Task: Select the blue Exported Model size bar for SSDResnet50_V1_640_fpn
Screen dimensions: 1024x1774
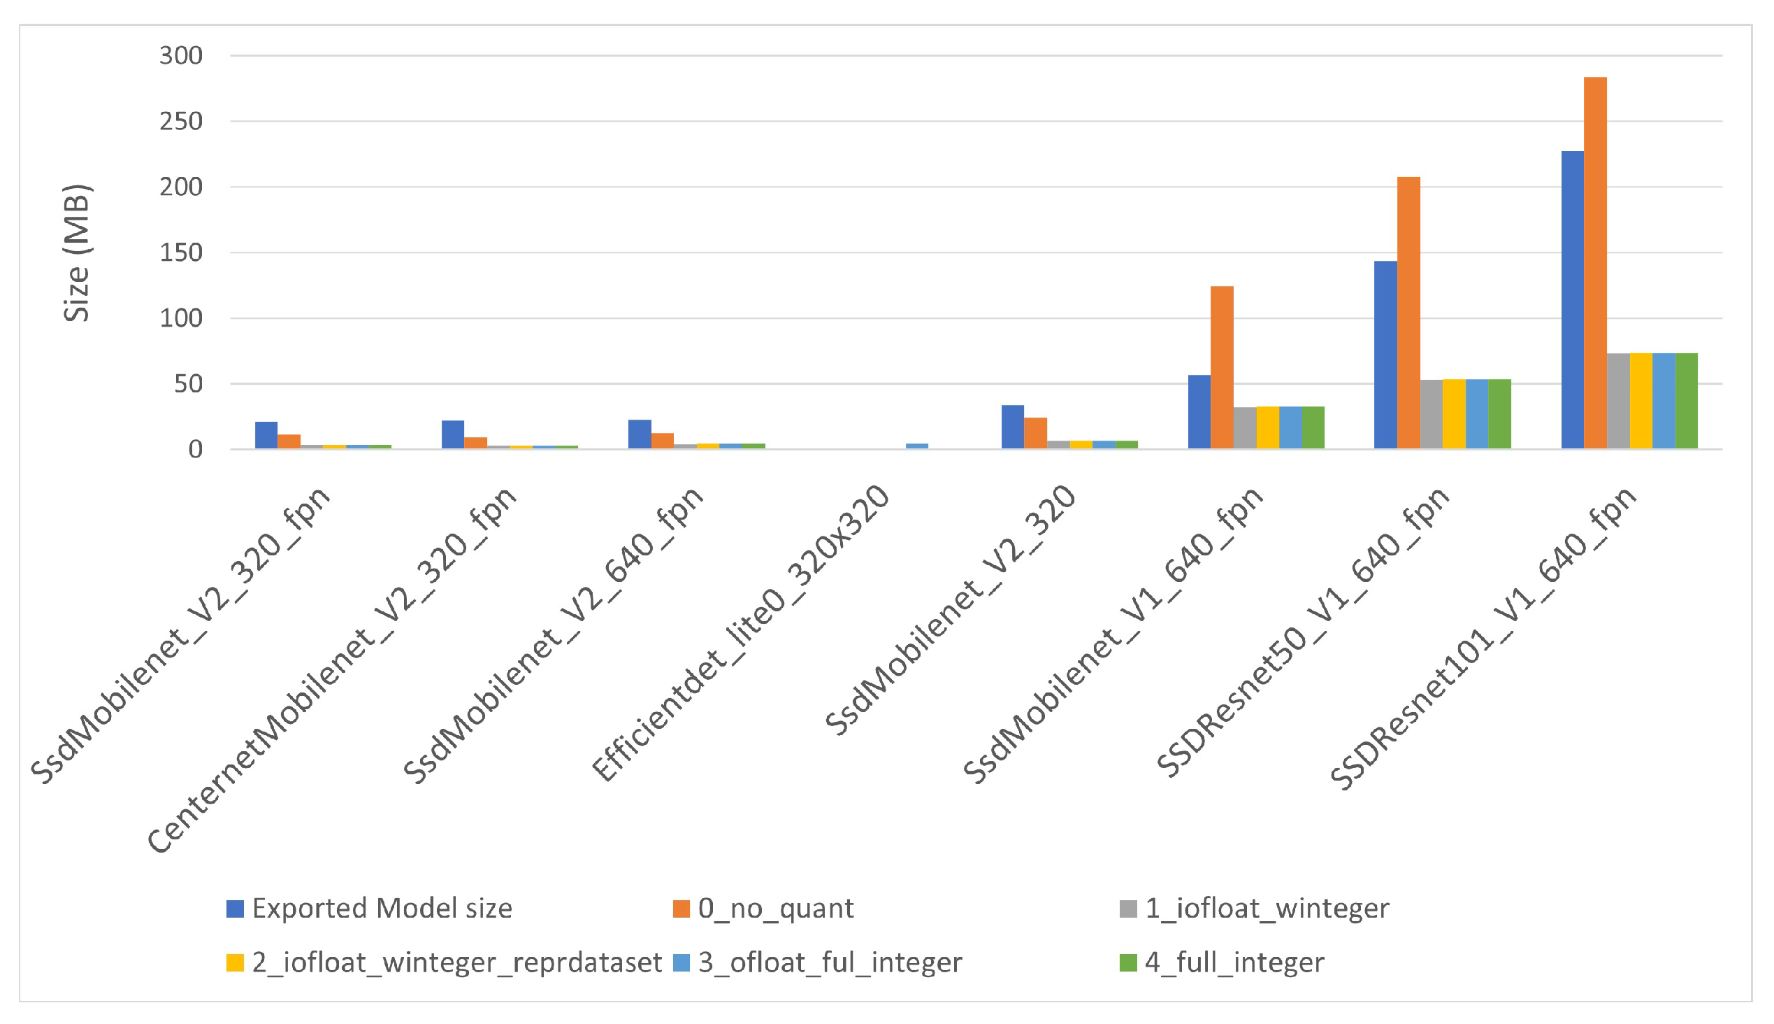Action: [x=1385, y=355]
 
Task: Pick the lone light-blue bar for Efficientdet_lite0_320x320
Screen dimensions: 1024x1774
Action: [x=916, y=446]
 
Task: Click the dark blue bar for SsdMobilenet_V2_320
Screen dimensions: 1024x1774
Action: [x=1012, y=427]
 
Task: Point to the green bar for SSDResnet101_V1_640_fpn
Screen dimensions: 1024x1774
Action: [x=1686, y=400]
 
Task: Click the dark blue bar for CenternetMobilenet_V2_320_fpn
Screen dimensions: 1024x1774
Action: [x=453, y=434]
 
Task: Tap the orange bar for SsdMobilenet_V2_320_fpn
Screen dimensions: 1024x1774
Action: [x=289, y=441]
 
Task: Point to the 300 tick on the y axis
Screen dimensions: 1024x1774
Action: [x=180, y=55]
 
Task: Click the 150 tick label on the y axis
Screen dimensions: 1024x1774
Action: [x=180, y=253]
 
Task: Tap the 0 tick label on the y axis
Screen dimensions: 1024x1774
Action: [x=195, y=450]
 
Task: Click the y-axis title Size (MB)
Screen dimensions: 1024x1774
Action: [x=77, y=253]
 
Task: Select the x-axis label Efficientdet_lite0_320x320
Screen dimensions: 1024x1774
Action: [x=741, y=633]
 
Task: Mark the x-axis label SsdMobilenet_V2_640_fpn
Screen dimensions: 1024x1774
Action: [x=553, y=634]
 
